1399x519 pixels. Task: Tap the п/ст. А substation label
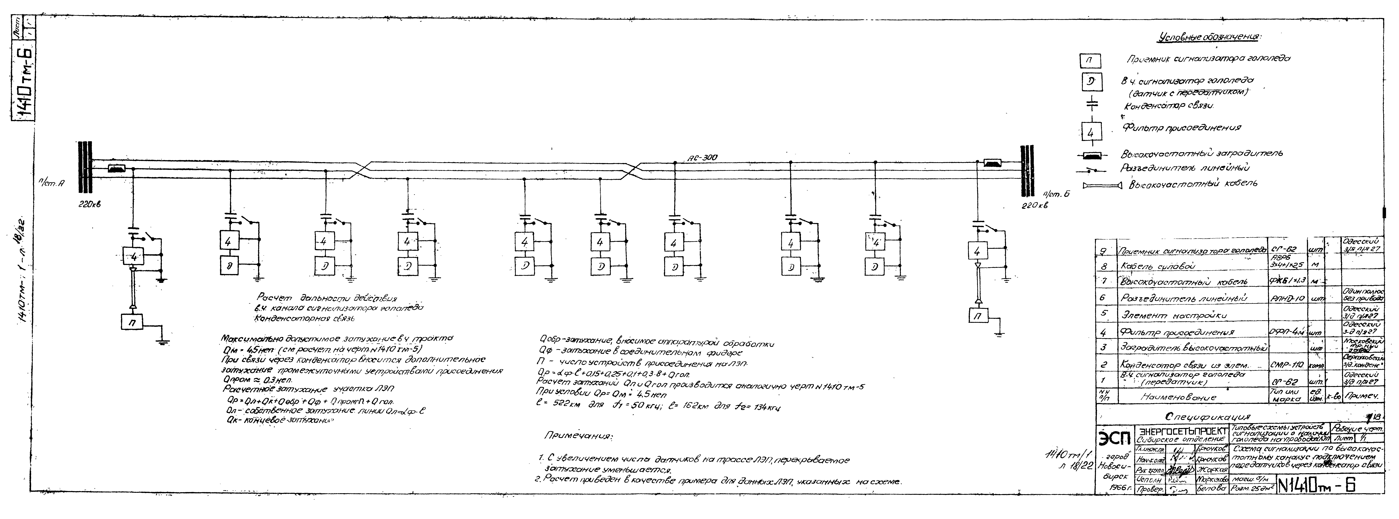tap(52, 184)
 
